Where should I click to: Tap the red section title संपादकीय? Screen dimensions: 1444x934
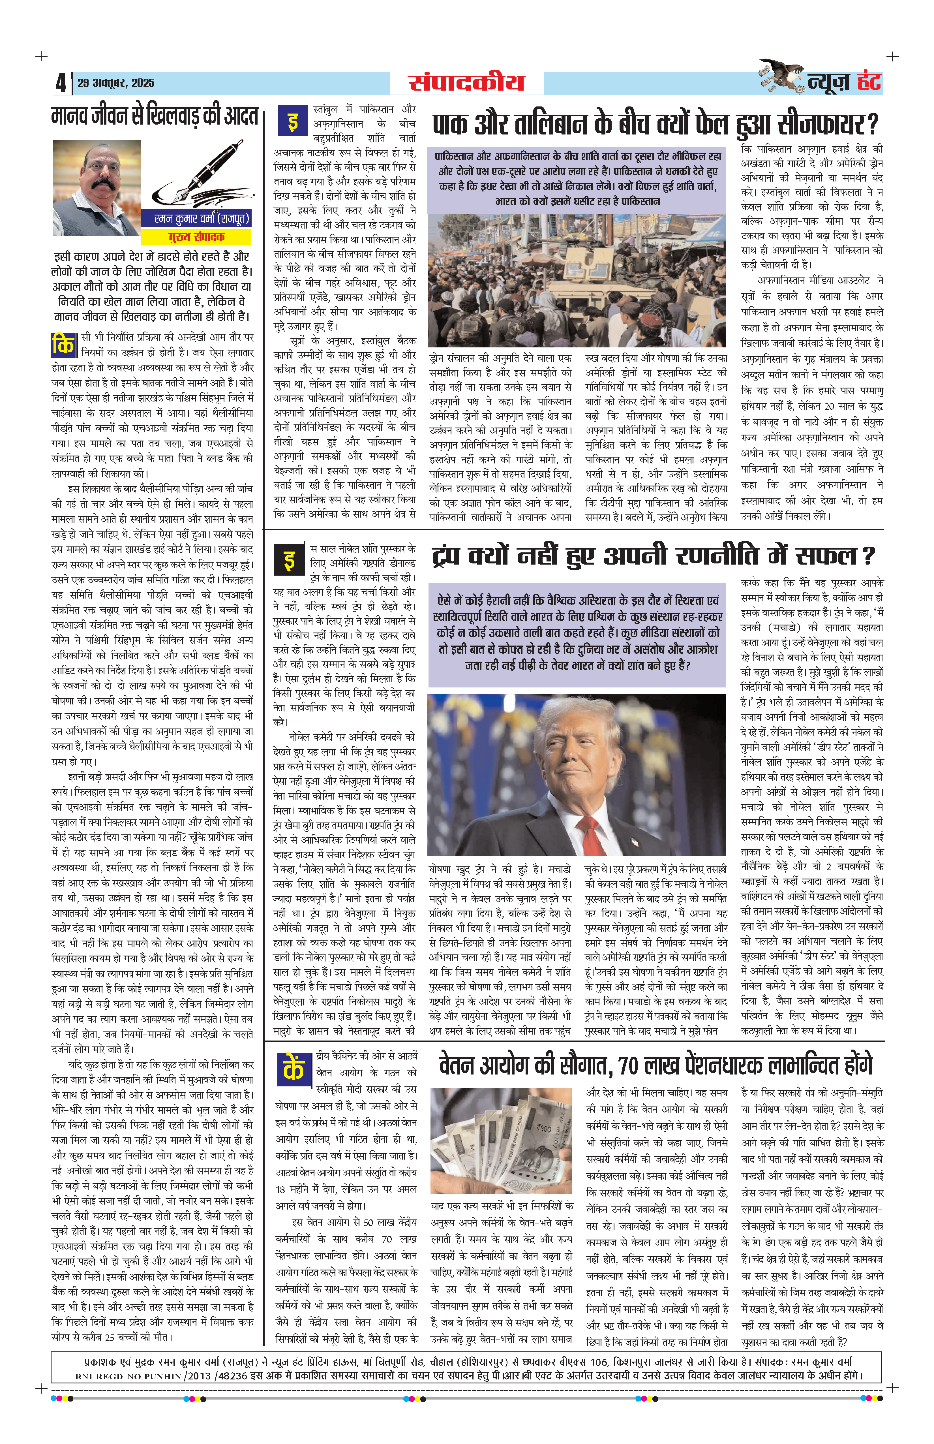click(x=466, y=82)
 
